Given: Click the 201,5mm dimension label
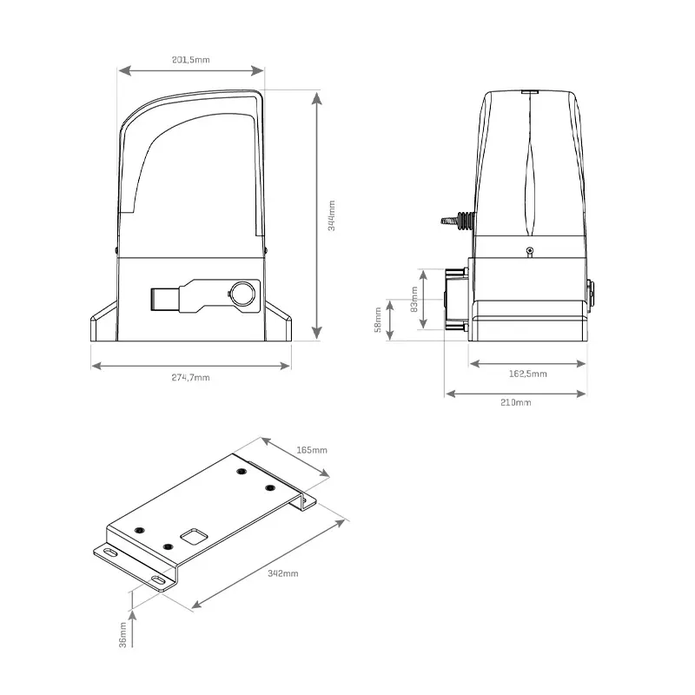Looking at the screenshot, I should coord(192,59).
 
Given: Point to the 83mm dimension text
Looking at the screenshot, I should coord(414,299).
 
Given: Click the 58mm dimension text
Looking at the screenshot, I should coord(377,320).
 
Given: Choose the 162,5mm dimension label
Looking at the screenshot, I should coord(527,374).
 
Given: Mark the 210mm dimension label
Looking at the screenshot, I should coord(516,403).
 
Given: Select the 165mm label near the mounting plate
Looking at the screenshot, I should coord(313,450).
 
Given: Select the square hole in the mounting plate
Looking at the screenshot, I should coord(192,536).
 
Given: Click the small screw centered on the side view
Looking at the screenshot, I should coord(529,251).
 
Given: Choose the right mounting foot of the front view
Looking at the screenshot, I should coord(280,326).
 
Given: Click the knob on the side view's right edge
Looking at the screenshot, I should coord(592,294).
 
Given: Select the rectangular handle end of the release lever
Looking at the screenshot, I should coord(163,297).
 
